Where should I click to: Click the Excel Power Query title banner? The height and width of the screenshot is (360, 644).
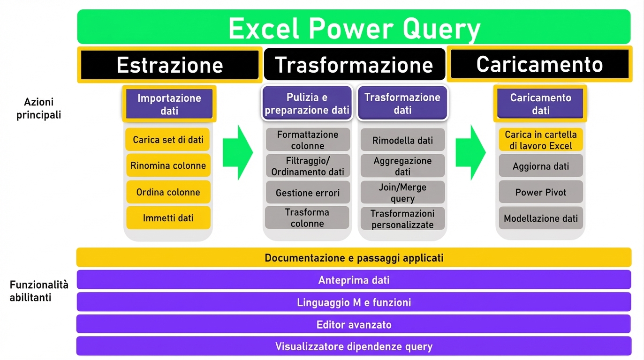[354, 28]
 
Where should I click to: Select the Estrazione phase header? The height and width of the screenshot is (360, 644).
[169, 64]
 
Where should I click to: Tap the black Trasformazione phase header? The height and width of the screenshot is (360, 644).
[354, 64]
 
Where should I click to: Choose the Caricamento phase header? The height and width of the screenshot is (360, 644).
[539, 64]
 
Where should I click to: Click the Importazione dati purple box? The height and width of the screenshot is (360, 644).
[169, 104]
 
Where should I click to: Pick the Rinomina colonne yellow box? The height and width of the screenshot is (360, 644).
[168, 165]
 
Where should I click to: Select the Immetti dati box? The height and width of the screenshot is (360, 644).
[168, 218]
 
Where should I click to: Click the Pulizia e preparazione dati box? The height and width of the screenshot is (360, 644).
[307, 104]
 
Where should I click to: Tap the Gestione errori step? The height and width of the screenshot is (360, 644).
[307, 193]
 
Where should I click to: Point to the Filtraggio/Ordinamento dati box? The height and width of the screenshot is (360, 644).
[307, 166]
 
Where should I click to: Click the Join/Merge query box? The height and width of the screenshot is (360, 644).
[402, 193]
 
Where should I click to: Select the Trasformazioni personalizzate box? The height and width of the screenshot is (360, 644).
[402, 219]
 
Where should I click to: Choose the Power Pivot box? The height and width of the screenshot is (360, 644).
[540, 192]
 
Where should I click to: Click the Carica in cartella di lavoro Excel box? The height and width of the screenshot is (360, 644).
[540, 140]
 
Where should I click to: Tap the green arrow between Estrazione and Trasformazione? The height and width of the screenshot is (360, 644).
[237, 152]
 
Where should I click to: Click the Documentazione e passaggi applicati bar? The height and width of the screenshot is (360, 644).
[354, 258]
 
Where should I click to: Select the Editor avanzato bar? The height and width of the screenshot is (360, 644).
[354, 324]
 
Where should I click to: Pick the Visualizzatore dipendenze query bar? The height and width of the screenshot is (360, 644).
[354, 346]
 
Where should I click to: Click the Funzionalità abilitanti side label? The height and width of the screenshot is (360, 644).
[39, 291]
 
